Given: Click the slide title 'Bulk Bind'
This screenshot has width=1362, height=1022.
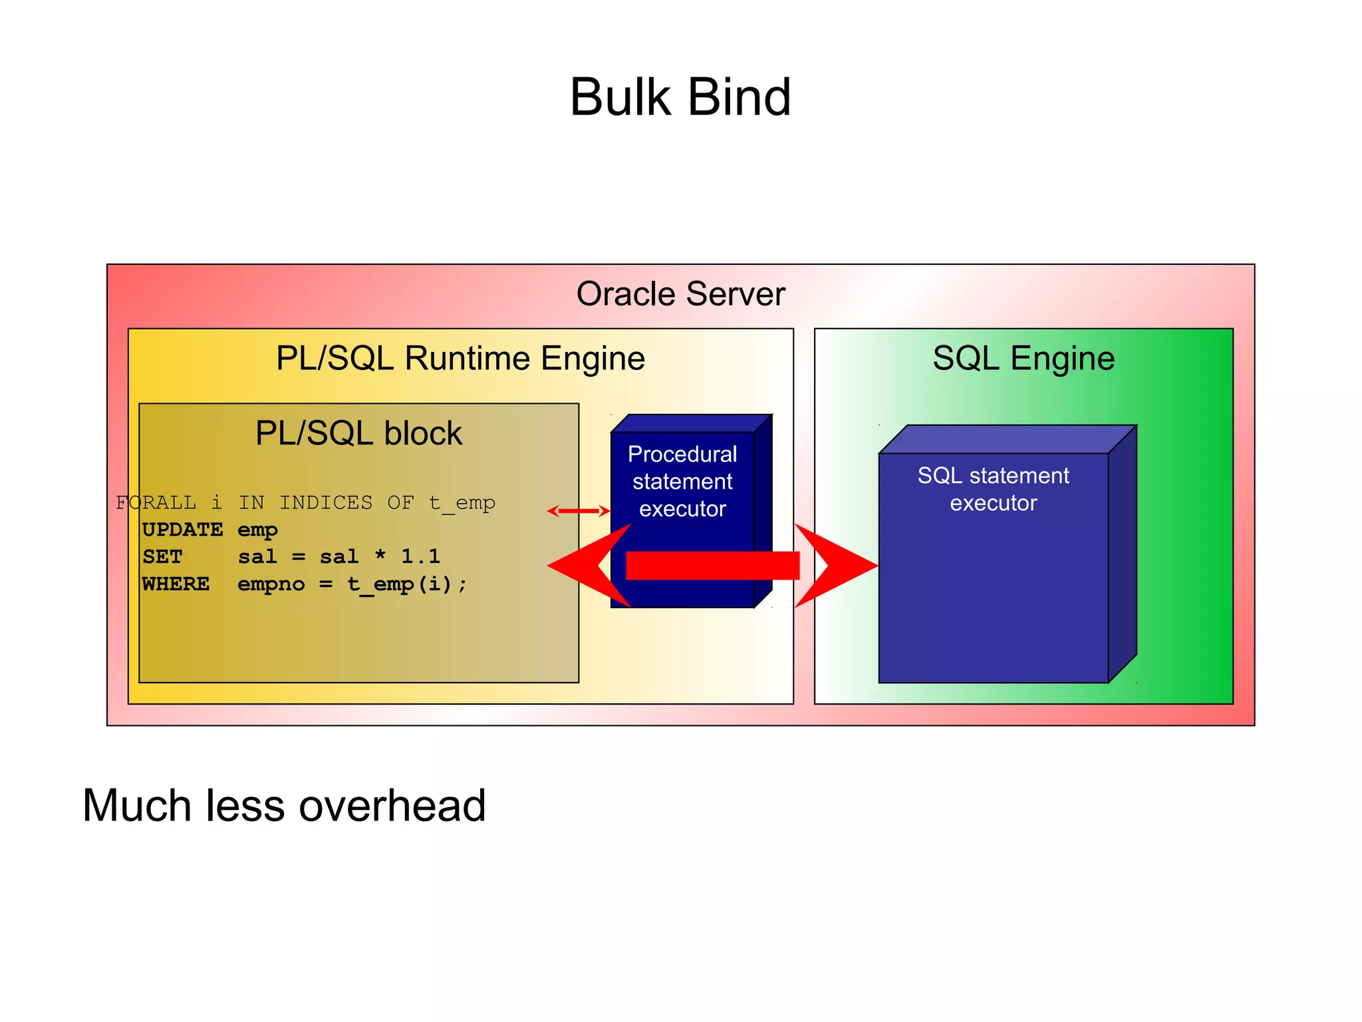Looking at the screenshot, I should [680, 98].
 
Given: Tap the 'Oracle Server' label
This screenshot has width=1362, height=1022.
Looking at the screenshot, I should [680, 294].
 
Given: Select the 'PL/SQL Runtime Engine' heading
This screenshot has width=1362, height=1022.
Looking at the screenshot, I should [460, 359].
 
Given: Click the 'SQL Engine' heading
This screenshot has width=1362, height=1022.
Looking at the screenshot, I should [1023, 359].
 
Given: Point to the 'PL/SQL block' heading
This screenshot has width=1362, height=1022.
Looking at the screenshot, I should [358, 434].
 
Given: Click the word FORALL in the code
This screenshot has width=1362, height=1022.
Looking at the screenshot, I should [156, 502].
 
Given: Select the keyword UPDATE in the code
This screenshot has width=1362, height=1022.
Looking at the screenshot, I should [182, 530].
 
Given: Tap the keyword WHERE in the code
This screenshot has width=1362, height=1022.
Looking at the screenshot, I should [176, 584].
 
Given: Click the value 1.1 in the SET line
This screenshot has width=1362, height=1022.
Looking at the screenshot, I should [420, 556].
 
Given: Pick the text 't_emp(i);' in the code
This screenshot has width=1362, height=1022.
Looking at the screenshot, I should [407, 584].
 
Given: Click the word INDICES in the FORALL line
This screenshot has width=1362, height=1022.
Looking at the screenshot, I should [326, 502].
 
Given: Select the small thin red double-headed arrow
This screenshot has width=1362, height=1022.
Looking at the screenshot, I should [578, 511].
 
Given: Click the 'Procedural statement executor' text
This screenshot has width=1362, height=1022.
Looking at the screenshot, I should [682, 481].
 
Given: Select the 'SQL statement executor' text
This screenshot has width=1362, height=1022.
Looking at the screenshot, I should [993, 489].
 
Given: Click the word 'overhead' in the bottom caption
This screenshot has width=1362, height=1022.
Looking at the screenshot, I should [392, 806].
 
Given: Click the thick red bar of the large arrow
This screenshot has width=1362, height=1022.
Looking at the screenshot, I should [712, 566].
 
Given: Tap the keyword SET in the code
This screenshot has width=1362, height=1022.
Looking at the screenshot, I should [162, 556].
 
